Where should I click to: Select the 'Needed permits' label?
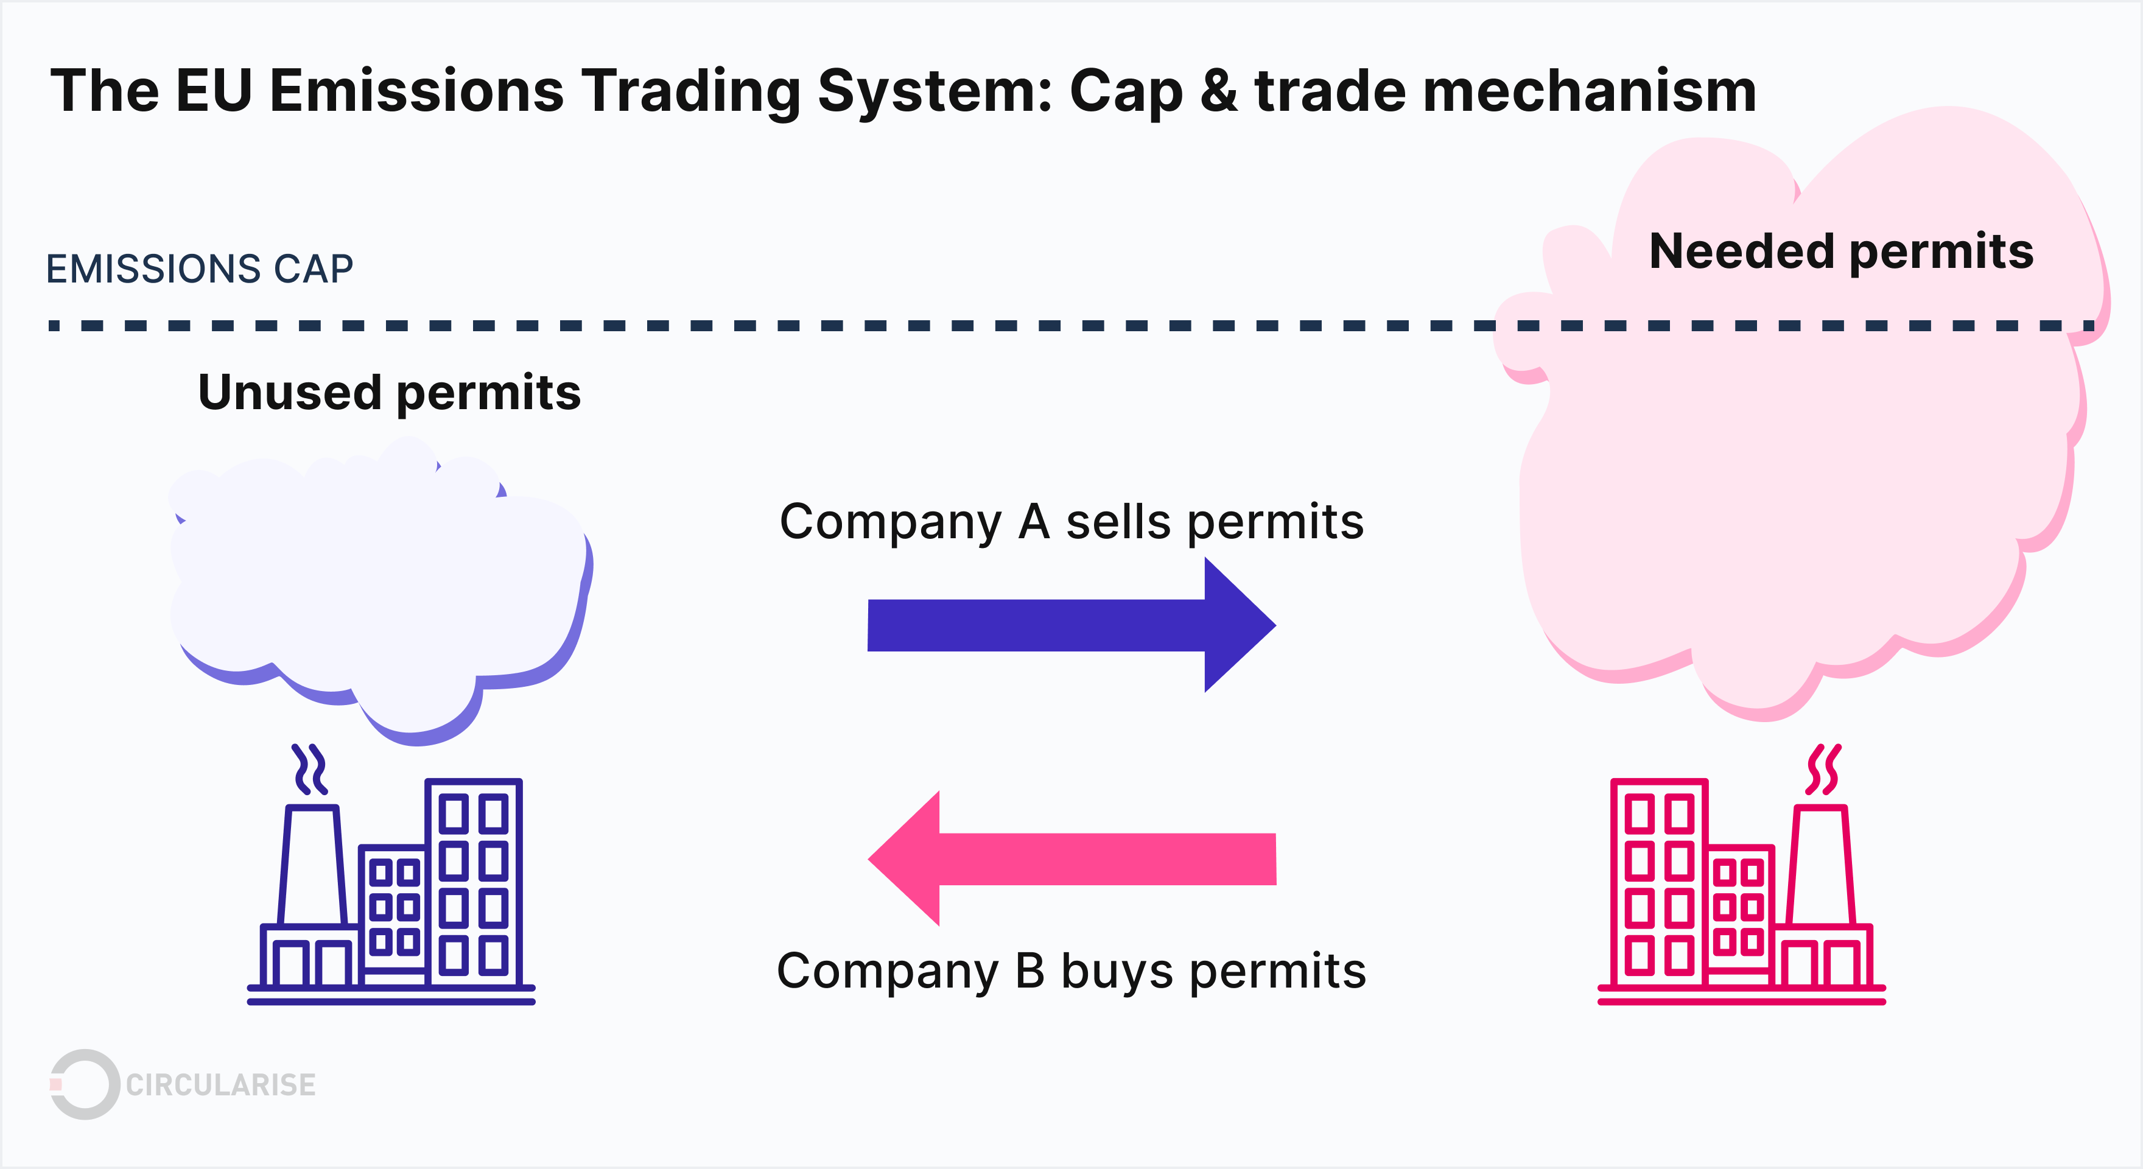pos(1841,251)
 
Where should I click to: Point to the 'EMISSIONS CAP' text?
pos(200,269)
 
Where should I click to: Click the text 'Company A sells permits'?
pos(1071,522)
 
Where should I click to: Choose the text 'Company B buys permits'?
pos(1071,971)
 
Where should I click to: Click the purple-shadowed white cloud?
pos(379,583)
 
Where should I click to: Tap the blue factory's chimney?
pos(312,865)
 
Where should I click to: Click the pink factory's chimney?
pos(1822,865)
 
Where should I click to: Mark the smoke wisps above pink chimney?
pos(1823,770)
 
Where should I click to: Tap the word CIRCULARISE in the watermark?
pos(220,1085)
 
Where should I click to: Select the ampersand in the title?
pos(1219,91)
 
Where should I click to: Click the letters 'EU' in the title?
pos(214,91)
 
